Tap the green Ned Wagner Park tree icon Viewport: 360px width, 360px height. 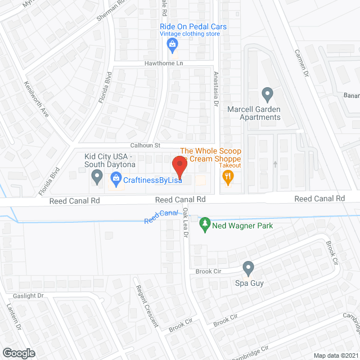pos(205,225)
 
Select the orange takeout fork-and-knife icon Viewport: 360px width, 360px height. pos(227,178)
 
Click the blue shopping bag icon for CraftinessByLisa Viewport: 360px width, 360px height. pos(116,179)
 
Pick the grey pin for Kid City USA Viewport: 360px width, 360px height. pos(97,178)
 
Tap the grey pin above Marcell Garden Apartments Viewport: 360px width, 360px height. pos(267,93)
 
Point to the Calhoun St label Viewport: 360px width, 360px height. pos(146,145)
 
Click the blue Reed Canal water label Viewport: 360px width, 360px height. pos(161,217)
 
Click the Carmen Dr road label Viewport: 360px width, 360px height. pos(302,61)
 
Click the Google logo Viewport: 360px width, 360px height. pos(19,353)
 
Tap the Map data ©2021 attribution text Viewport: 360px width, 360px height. pos(335,355)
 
